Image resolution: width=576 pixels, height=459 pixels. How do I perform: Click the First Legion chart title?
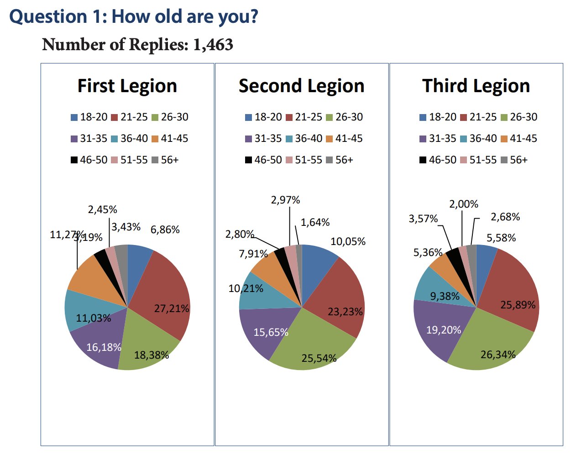pyautogui.click(x=127, y=86)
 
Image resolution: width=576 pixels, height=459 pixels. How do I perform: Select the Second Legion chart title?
pyautogui.click(x=301, y=86)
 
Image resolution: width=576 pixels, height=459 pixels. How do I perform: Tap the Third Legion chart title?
pyautogui.click(x=476, y=86)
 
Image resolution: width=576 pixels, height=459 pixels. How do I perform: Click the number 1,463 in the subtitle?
pyautogui.click(x=213, y=45)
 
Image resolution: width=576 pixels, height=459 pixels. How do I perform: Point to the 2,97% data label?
pyautogui.click(x=285, y=200)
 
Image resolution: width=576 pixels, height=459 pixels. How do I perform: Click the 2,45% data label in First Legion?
pyautogui.click(x=102, y=209)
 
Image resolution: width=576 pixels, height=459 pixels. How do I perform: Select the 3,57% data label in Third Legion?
pyautogui.click(x=423, y=219)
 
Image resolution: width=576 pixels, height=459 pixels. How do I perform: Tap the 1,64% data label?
pyautogui.click(x=315, y=222)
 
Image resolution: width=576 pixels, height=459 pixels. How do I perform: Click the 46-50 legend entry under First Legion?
pyautogui.click(x=89, y=160)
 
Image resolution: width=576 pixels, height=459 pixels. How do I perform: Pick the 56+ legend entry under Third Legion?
pyautogui.click(x=514, y=160)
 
